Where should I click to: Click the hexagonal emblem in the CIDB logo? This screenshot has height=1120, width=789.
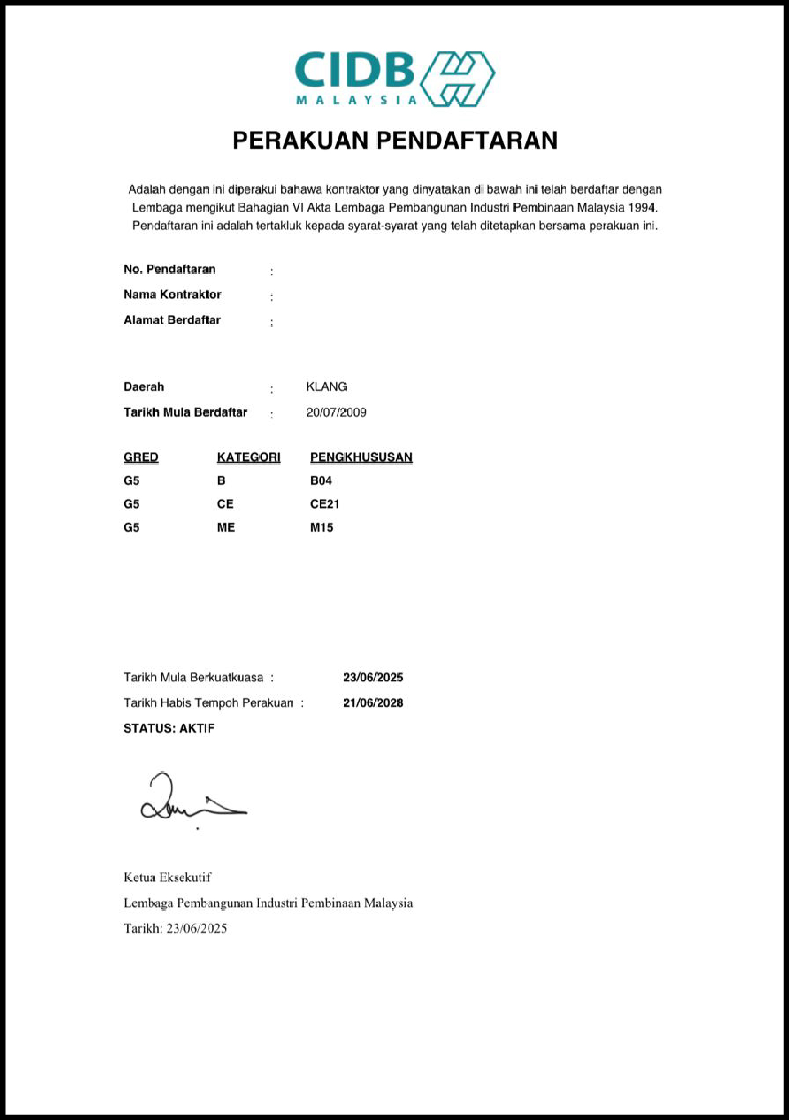pyautogui.click(x=457, y=79)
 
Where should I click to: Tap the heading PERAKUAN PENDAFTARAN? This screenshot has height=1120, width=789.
pyautogui.click(x=394, y=141)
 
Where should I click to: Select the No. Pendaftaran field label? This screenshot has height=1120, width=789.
pyautogui.click(x=169, y=269)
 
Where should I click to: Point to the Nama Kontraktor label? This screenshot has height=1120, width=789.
pyautogui.click(x=172, y=295)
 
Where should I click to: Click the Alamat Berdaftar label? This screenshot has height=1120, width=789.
pyautogui.click(x=172, y=320)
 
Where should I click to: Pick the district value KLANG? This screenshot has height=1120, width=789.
pyautogui.click(x=326, y=387)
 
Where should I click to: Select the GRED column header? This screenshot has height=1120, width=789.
pyautogui.click(x=141, y=457)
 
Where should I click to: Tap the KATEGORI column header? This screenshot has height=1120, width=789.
pyautogui.click(x=248, y=457)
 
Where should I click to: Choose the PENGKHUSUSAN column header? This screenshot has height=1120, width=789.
pyautogui.click(x=361, y=457)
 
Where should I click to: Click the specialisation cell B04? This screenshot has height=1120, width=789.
pyautogui.click(x=321, y=480)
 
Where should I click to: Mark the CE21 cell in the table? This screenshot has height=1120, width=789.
pyautogui.click(x=324, y=504)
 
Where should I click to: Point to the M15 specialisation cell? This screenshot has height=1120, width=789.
pyautogui.click(x=321, y=528)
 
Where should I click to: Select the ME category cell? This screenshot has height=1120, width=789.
pyautogui.click(x=226, y=528)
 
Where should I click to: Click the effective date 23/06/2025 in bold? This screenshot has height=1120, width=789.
pyautogui.click(x=372, y=677)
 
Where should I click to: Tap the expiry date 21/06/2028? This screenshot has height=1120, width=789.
pyautogui.click(x=372, y=703)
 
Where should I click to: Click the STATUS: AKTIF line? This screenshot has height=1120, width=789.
pyautogui.click(x=169, y=728)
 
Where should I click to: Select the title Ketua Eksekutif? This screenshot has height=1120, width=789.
pyautogui.click(x=167, y=877)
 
